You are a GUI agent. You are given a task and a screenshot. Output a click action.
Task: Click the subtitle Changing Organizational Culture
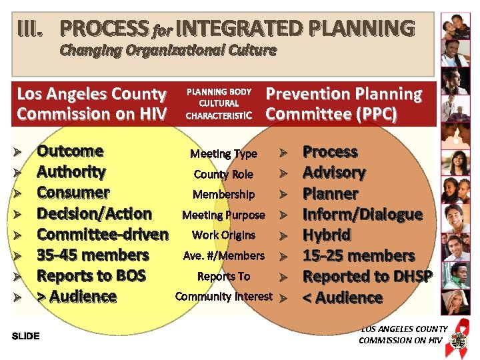167,51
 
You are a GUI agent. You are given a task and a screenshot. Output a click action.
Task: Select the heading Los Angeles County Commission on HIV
91,104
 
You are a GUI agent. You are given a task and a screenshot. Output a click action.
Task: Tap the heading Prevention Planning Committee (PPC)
343,104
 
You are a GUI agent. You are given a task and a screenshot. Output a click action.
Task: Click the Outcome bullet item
70,151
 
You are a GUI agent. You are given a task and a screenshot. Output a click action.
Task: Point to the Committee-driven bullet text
102,234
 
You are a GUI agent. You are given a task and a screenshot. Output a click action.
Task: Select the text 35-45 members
93,255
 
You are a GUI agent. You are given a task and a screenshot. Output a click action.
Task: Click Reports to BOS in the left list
91,276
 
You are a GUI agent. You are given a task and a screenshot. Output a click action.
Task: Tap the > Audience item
77,297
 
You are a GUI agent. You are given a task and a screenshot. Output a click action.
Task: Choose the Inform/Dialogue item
362,214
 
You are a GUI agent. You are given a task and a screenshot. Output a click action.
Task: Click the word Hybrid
327,235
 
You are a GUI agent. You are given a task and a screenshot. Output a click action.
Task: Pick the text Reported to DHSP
367,276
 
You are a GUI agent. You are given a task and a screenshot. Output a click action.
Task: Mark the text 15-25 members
358,255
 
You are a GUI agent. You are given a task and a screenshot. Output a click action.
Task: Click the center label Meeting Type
223,154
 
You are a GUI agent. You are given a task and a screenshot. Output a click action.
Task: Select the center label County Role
223,175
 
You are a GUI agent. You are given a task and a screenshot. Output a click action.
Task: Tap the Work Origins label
223,235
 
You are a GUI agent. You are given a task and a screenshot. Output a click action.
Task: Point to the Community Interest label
223,296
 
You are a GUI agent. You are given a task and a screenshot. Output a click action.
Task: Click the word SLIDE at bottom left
26,335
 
